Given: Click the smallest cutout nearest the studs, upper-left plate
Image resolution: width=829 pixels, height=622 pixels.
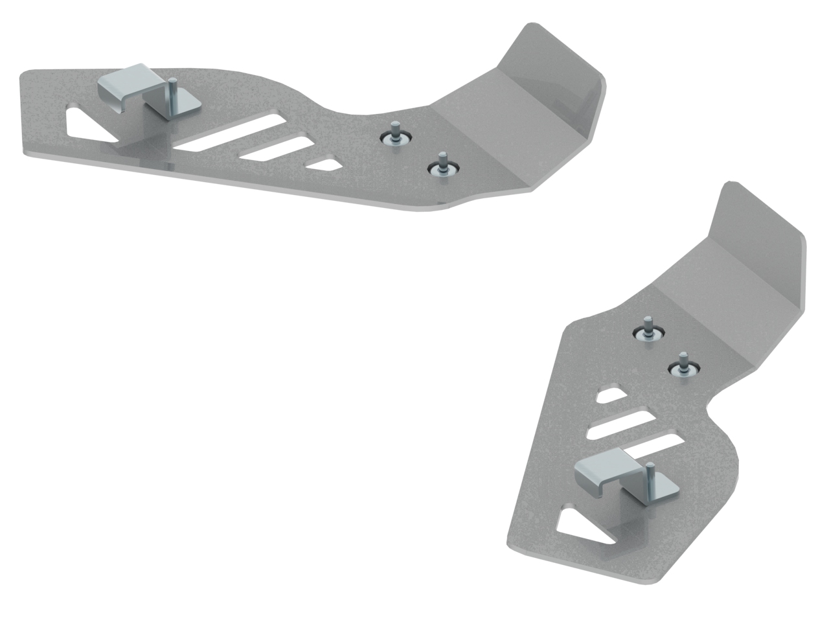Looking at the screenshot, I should (x=324, y=164).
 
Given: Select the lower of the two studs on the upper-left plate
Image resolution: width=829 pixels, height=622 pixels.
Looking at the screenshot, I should (x=441, y=163).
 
